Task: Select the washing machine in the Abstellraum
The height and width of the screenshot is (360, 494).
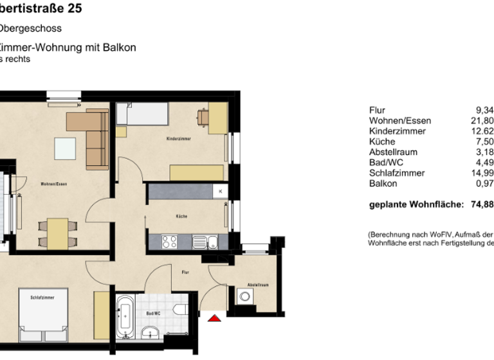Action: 244,297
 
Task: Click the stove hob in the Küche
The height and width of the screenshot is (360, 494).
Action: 169,242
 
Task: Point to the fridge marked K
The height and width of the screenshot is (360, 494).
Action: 220,192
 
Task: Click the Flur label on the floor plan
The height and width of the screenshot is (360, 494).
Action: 185,273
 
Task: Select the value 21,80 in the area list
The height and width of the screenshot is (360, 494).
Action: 483,121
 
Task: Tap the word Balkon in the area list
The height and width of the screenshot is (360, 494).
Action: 383,183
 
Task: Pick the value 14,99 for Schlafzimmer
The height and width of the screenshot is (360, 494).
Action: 483,173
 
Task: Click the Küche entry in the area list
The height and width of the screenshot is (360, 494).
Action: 382,141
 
